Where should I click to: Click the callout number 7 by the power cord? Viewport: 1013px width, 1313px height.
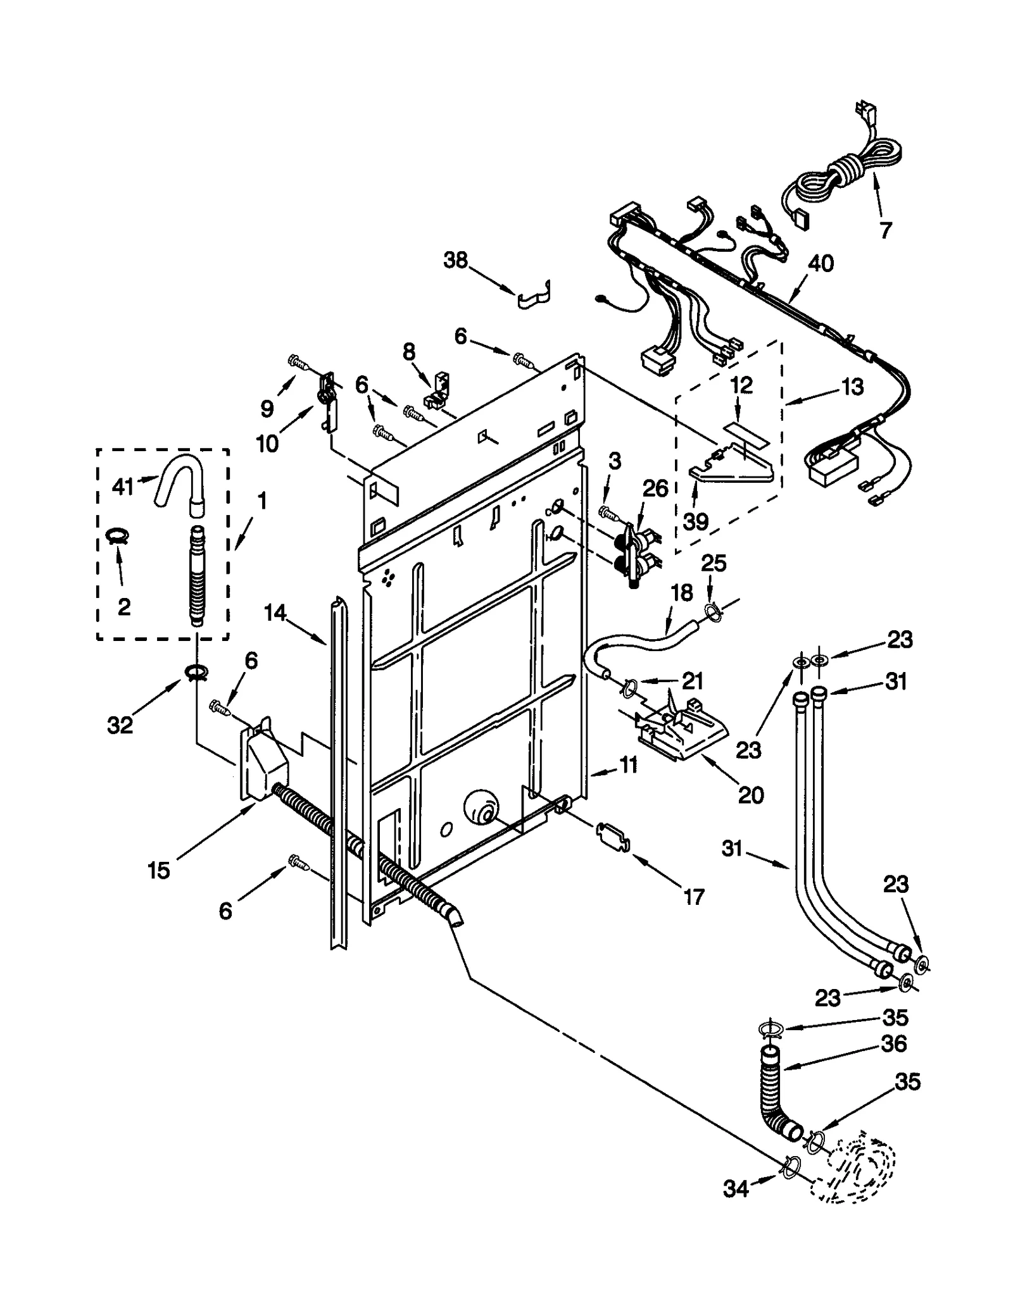coord(885,230)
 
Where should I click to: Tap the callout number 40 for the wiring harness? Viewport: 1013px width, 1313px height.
coord(821,263)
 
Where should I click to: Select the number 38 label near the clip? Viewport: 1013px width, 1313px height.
coord(455,259)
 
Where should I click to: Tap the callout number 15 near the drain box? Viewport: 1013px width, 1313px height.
coord(159,870)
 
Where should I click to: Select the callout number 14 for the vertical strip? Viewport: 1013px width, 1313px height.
coord(275,612)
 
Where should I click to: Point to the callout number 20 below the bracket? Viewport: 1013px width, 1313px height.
coord(751,794)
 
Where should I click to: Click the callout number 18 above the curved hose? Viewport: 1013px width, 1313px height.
coord(682,592)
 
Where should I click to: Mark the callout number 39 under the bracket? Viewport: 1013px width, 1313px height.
coord(695,521)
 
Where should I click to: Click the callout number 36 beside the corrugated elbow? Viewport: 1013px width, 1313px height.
coord(894,1043)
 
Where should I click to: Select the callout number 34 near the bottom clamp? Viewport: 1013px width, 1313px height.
coord(736,1190)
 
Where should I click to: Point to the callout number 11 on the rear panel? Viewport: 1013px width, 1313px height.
coord(628,765)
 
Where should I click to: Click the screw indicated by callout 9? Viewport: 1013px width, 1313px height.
coord(298,361)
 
